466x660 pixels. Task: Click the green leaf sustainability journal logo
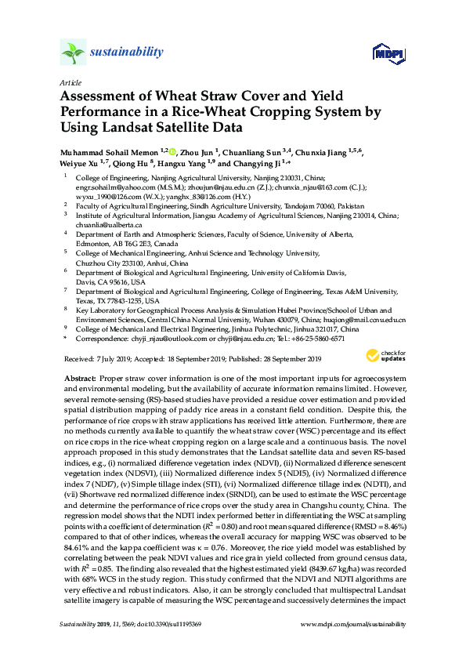click(72, 53)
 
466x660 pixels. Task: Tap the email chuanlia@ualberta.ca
click(107, 225)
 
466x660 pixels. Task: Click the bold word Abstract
click(80, 378)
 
